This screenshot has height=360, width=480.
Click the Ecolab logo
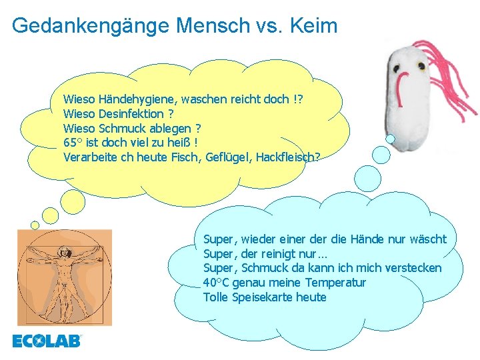tap(47, 341)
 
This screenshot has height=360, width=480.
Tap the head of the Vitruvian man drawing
tap(65, 251)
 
